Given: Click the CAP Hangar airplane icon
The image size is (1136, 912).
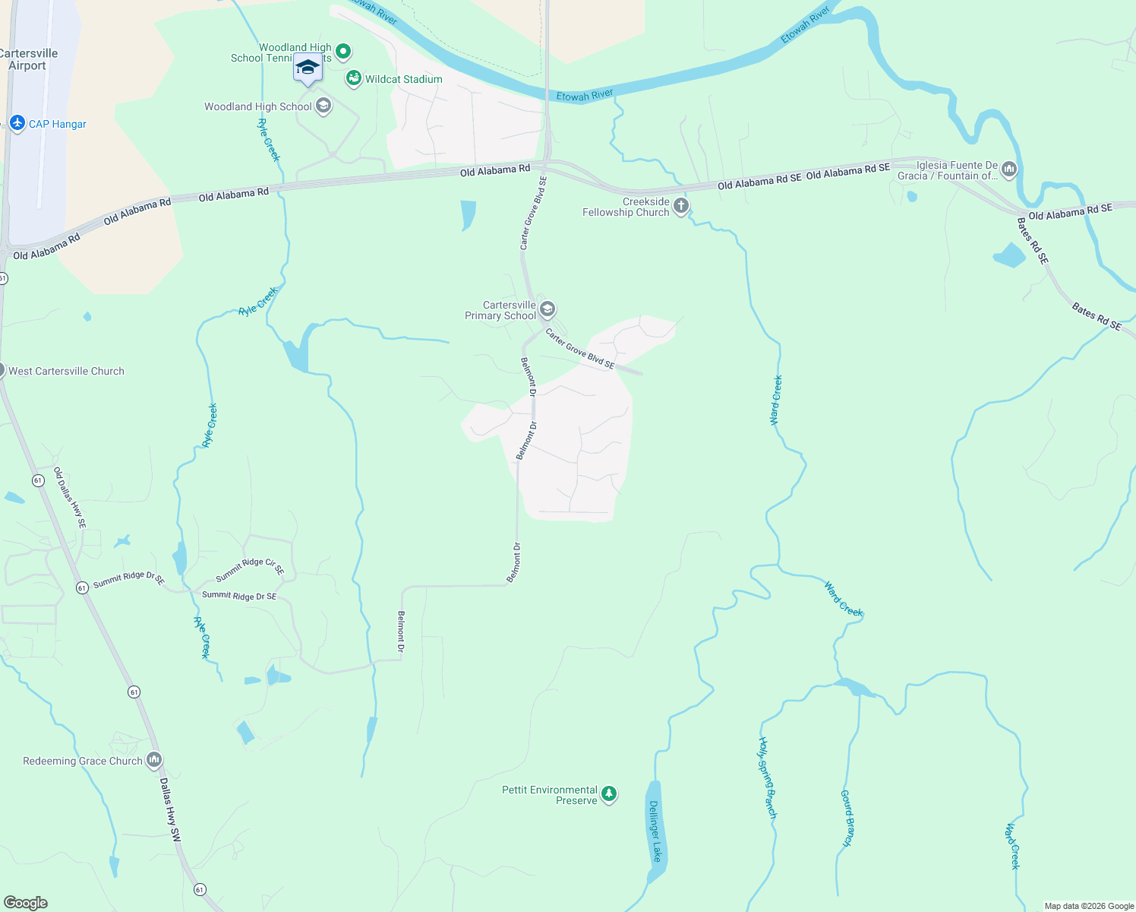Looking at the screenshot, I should tap(17, 122).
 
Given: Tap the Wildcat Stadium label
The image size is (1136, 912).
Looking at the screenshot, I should tap(403, 79).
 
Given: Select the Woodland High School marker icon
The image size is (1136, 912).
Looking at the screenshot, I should tap(323, 106).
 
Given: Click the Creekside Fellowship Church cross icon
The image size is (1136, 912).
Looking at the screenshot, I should tap(681, 205).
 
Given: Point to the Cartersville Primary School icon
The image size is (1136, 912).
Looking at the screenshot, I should tap(547, 309).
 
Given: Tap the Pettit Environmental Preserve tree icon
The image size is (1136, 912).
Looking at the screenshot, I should tap(609, 794).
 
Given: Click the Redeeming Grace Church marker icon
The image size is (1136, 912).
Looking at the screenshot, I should tap(154, 759).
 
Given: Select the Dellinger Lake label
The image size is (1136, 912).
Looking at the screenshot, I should tap(655, 831).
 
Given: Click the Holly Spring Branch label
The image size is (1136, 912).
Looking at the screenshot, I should tap(768, 777).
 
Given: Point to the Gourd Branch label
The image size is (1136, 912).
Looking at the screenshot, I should tap(847, 818).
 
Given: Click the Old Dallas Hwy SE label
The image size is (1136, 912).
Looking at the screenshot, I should tap(69, 498).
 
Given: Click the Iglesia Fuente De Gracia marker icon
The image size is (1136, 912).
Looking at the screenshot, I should tap(1009, 169).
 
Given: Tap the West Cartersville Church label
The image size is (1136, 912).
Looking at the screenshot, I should tap(66, 371).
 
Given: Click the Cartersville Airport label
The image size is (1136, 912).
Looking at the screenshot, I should tap(28, 59).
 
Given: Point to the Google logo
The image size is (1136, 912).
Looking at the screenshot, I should tap(26, 902).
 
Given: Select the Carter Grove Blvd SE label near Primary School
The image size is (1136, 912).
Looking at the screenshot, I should tap(579, 348).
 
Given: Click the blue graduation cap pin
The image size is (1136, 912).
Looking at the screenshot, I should tap(308, 68).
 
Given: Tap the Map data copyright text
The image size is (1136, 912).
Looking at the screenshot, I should tap(1089, 906).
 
